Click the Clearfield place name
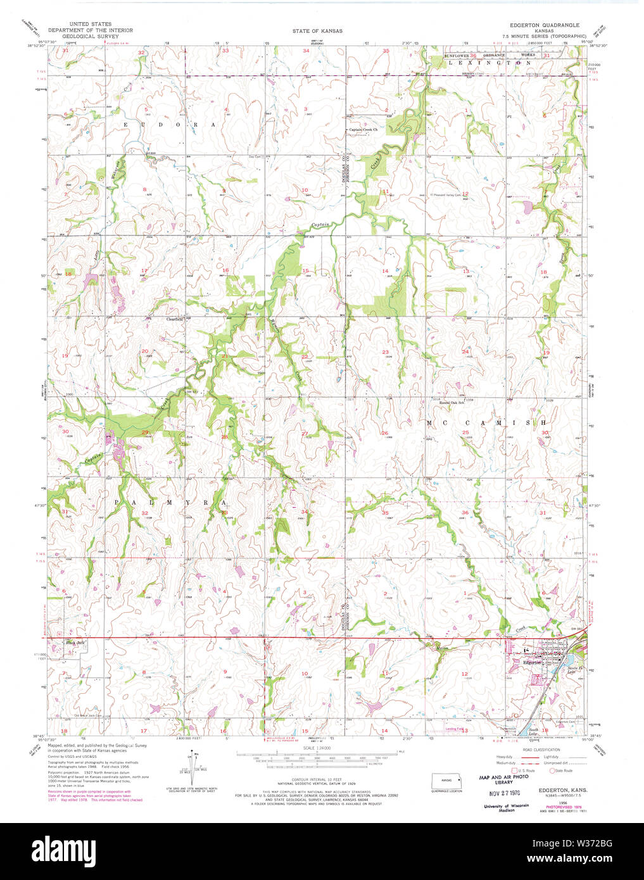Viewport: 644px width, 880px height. (175, 318)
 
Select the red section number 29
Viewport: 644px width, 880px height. (145, 432)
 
